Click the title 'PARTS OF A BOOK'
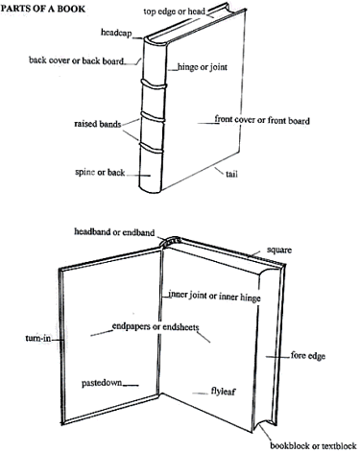(43, 8)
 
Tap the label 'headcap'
(116, 33)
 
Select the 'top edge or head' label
(174, 12)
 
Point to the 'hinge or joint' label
(203, 67)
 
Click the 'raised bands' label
(98, 124)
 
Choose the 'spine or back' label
(100, 172)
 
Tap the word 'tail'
(231, 174)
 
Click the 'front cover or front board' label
(262, 120)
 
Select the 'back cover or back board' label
(76, 60)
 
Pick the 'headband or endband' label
(114, 232)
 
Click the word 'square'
(279, 250)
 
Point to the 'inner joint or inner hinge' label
(214, 296)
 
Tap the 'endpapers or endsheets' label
(156, 326)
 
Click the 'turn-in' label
(38, 338)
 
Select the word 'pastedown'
(102, 383)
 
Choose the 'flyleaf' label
(224, 391)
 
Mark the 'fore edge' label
(308, 355)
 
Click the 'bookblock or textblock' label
(313, 445)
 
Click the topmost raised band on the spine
(155, 84)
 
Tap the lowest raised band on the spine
(152, 148)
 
